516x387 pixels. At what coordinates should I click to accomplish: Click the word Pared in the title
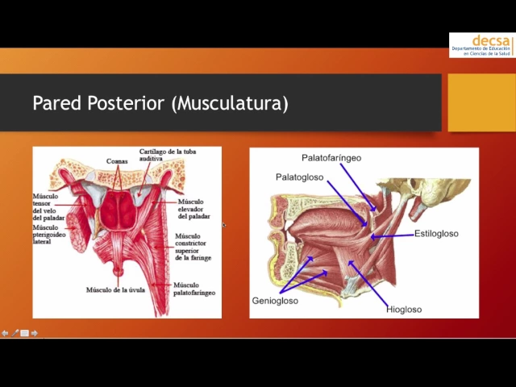pos(53,103)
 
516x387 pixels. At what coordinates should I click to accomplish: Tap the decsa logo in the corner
pos(482,45)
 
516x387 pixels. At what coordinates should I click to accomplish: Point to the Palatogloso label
pos(299,177)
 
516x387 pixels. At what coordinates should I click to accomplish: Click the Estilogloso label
pos(436,234)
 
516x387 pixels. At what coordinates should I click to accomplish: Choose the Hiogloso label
pos(403,309)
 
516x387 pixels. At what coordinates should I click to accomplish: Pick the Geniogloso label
pos(275,301)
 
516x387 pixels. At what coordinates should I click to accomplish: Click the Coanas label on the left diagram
pos(116,161)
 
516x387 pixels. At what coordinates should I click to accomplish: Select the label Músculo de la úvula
pos(116,289)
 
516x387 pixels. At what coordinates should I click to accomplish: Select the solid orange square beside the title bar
pos(481,103)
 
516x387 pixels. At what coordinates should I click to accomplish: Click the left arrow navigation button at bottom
pos(6,333)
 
